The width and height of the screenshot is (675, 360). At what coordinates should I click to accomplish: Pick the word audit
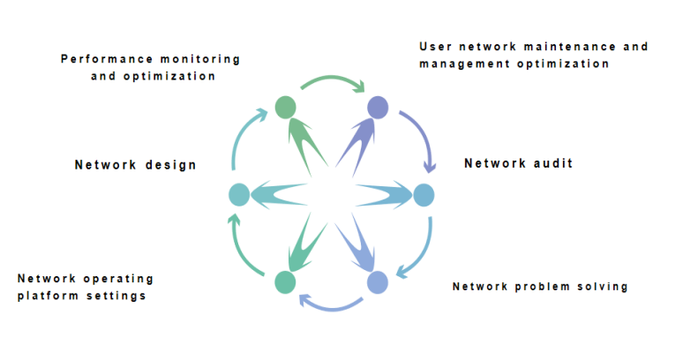553,163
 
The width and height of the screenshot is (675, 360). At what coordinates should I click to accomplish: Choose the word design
169,165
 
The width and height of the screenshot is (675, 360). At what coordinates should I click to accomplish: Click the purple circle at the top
378,108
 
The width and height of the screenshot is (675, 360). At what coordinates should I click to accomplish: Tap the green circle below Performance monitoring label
285,108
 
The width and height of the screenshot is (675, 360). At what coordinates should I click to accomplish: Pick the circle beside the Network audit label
424,195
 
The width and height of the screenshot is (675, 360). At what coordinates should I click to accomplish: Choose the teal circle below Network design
238,195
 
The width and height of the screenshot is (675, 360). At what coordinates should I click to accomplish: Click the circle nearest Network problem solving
377,282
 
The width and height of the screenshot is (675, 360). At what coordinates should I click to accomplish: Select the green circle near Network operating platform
284,282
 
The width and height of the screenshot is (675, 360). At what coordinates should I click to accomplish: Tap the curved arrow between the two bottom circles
331,306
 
